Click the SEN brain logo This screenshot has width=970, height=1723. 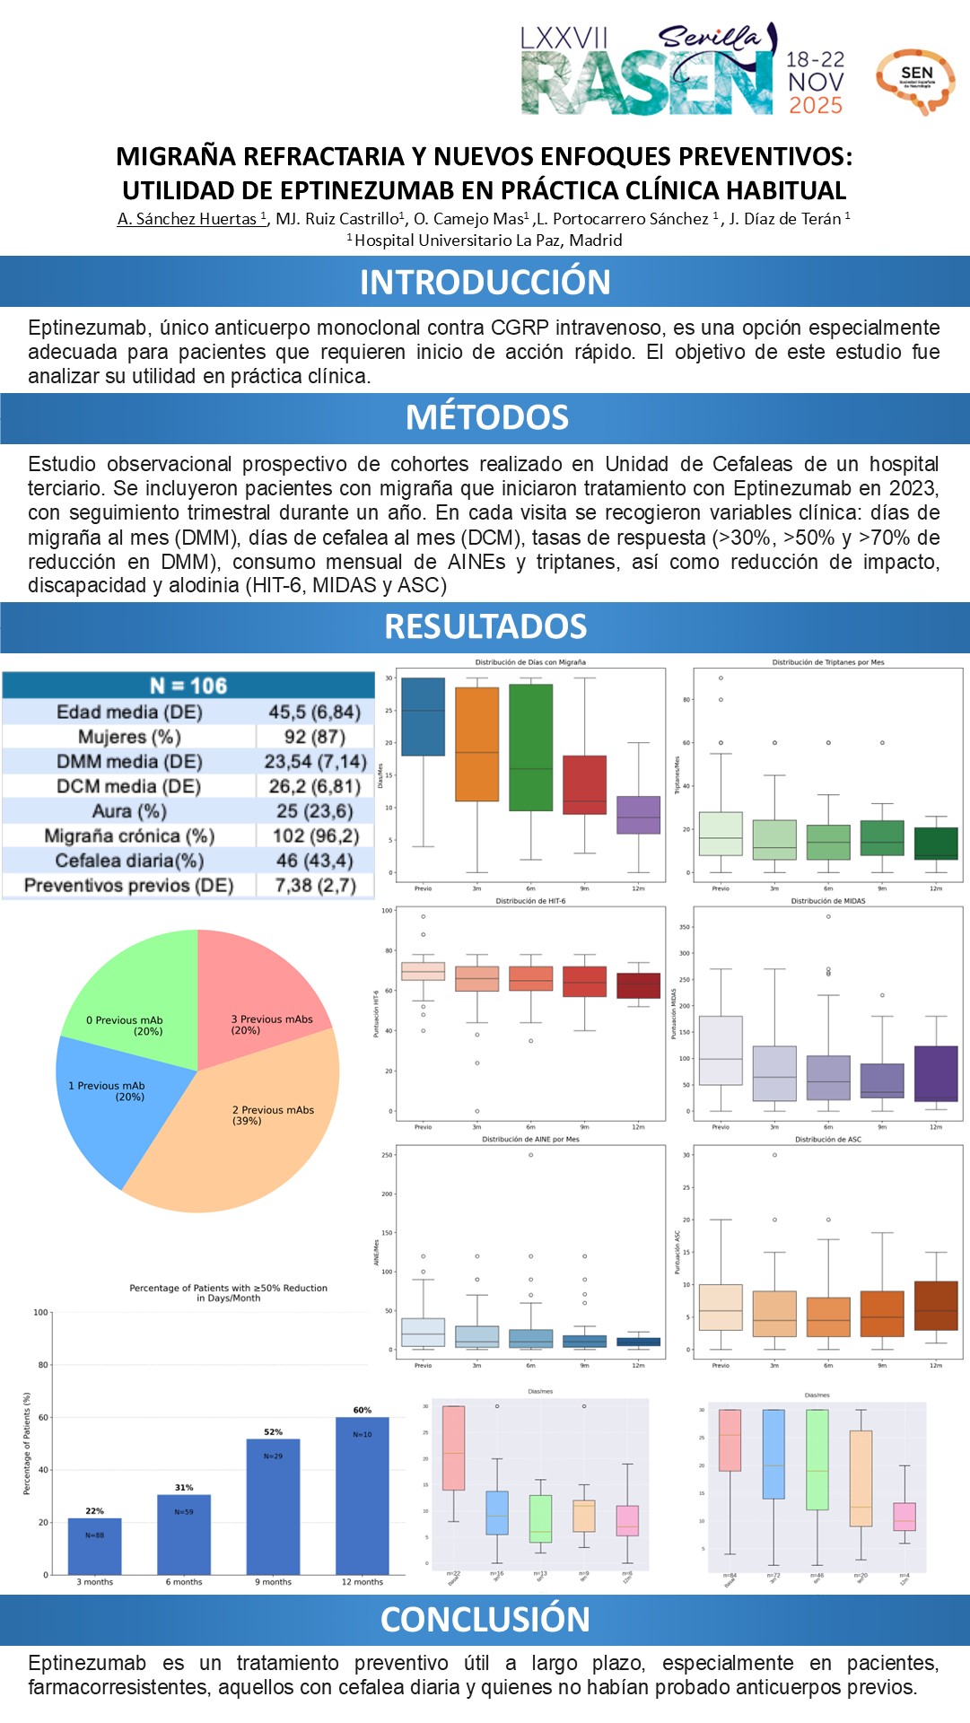915,82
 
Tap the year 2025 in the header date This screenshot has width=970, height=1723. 815,105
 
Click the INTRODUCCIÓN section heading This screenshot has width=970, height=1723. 485,282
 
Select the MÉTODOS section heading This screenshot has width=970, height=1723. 486,417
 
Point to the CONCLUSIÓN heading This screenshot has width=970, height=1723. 485,1619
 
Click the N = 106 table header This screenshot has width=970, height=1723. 188,686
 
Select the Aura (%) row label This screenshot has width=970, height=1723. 129,811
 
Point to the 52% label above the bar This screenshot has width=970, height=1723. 273,1431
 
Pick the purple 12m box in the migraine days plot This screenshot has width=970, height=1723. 638,815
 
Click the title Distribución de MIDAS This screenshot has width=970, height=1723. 827,901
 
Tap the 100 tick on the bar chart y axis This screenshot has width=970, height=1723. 41,1312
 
